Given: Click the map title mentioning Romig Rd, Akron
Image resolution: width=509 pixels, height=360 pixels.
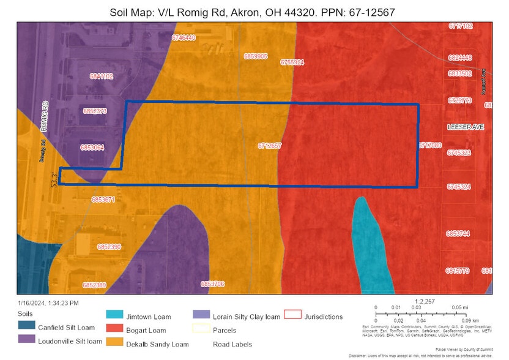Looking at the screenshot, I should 254,12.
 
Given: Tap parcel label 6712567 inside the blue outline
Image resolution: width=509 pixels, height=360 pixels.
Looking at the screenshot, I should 270,146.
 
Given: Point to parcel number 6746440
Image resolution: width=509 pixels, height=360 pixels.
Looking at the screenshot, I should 184,38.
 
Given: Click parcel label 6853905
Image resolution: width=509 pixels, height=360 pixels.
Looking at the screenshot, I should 255,56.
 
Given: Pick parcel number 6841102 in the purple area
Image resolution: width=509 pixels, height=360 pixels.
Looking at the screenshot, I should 101,77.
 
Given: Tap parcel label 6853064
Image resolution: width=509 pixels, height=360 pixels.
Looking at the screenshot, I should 92,147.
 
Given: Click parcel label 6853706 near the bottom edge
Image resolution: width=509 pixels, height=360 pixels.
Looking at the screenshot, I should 212,284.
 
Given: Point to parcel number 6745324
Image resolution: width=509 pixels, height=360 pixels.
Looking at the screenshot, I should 459,187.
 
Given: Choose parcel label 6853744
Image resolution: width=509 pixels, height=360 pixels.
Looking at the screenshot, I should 458,233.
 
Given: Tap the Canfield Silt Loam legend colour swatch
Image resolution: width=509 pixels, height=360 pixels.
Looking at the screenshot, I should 26,326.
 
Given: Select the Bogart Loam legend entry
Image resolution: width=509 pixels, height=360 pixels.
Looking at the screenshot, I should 145,330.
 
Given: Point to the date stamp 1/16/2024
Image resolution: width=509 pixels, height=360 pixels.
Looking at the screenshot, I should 48,302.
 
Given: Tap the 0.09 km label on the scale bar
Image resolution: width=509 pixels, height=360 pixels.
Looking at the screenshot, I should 470,320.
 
